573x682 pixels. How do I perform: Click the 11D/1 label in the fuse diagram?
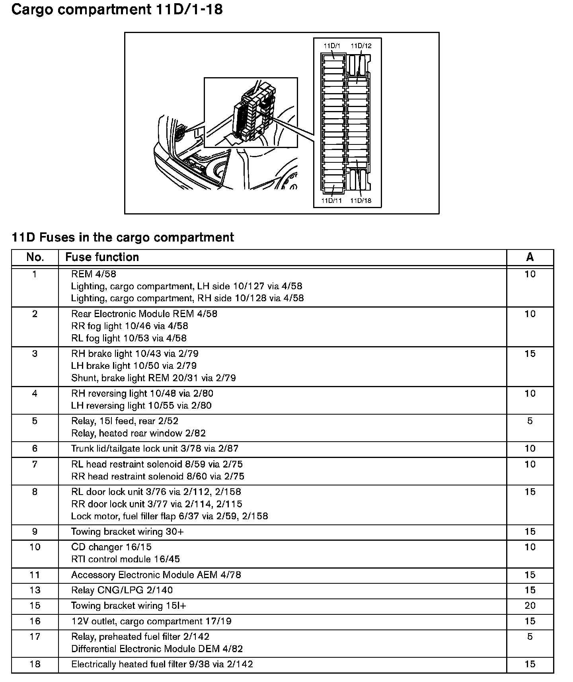[x=331, y=46]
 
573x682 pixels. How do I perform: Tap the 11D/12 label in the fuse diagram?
[x=361, y=46]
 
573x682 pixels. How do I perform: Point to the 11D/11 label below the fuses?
[x=332, y=201]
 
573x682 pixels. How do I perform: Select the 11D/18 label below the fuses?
[x=361, y=201]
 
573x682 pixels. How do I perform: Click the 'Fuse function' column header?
[x=102, y=257]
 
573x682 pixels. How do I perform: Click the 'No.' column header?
[x=35, y=257]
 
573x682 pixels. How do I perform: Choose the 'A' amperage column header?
[x=530, y=257]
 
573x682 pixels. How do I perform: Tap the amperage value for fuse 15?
[x=530, y=606]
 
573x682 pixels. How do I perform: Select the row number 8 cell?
[x=35, y=492]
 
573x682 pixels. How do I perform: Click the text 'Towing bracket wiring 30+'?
[x=127, y=532]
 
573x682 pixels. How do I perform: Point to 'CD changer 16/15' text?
[x=111, y=547]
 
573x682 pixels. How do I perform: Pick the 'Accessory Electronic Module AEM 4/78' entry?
[x=156, y=575]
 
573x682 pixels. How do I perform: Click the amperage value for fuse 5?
[x=530, y=421]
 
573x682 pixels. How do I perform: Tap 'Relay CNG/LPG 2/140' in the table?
[x=122, y=590]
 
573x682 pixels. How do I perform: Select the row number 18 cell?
[x=35, y=664]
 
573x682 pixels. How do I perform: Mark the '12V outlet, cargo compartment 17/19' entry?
[x=151, y=621]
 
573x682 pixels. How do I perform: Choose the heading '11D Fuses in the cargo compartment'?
[x=123, y=238]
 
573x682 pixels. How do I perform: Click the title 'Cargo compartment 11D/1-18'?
[x=117, y=10]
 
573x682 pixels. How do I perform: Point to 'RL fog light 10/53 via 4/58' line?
[x=129, y=338]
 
